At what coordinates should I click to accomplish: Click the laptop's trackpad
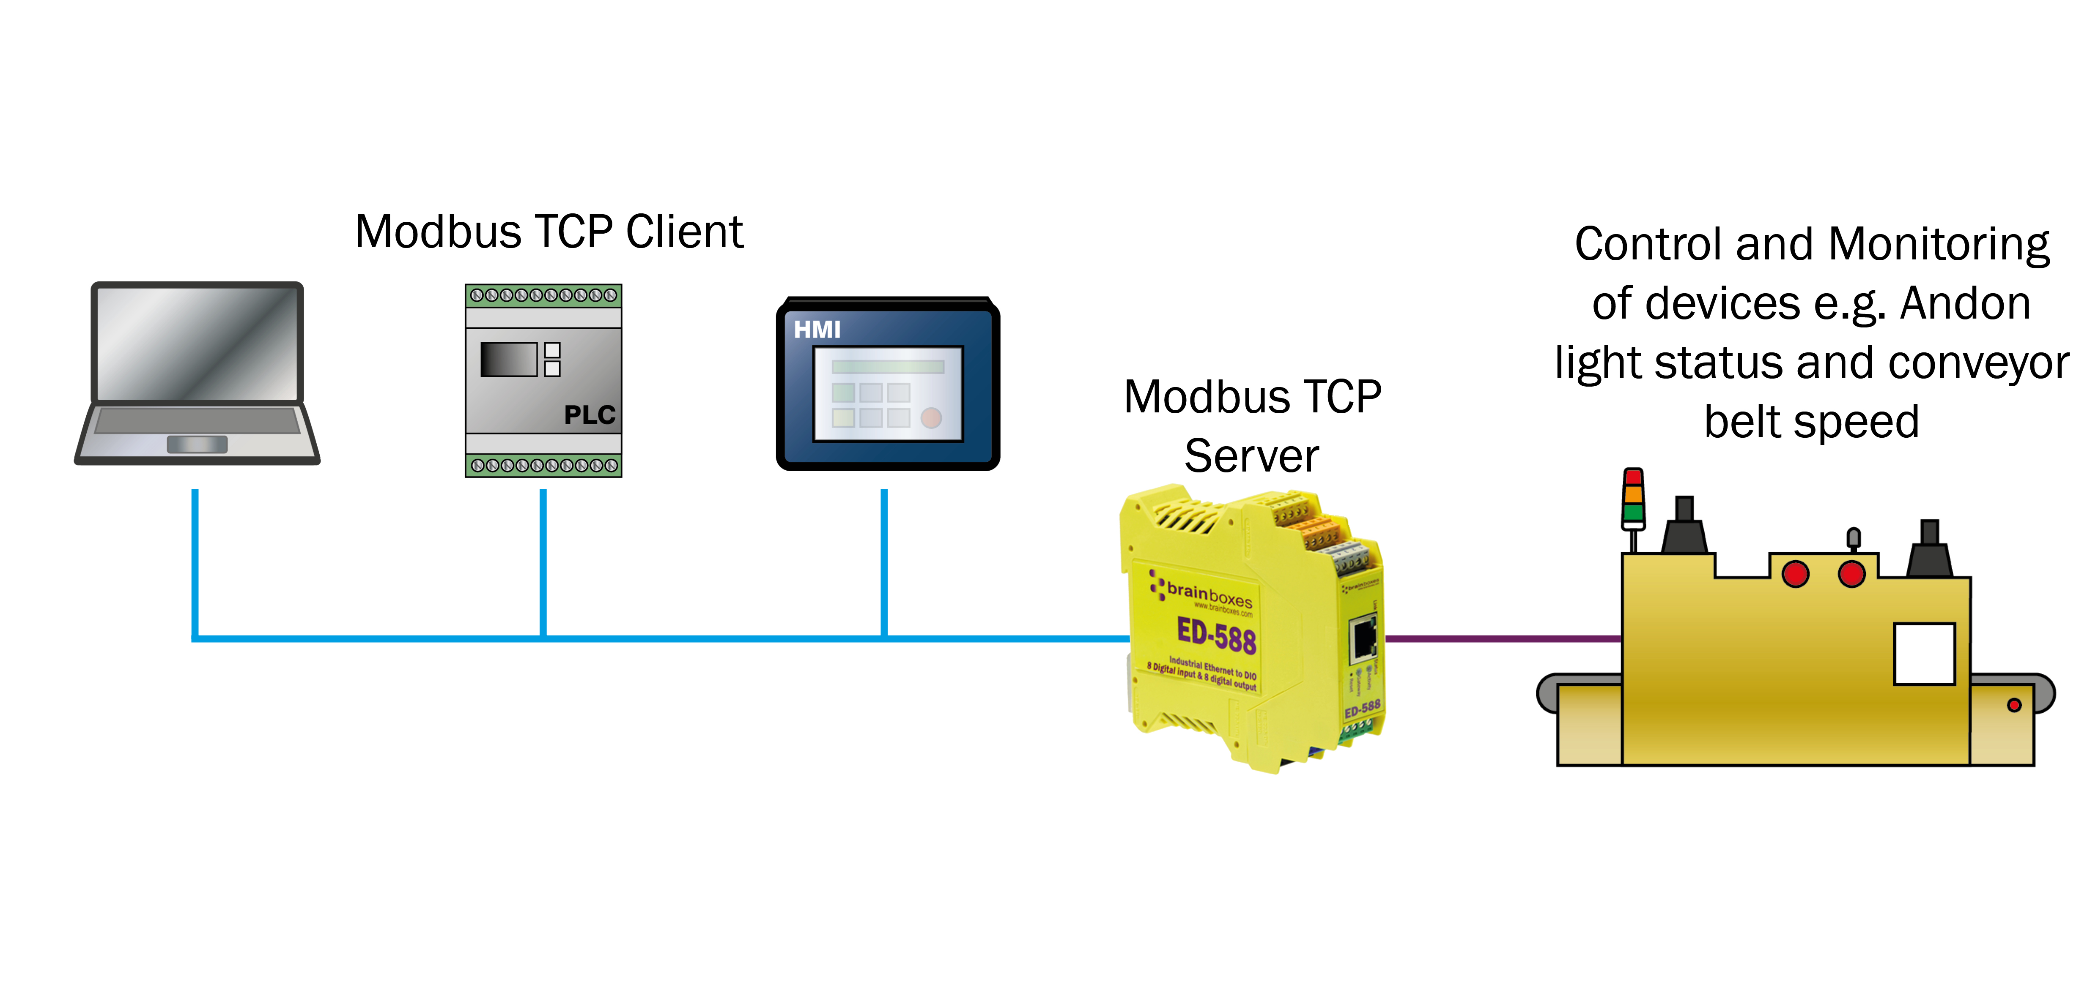(197, 444)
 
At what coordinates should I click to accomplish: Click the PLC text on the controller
(590, 415)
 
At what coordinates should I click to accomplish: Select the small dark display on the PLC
(508, 359)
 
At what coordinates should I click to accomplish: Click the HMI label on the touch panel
(817, 330)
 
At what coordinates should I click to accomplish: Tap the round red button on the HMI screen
(931, 417)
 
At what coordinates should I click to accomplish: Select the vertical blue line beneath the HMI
(884, 562)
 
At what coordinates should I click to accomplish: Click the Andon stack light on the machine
(1633, 496)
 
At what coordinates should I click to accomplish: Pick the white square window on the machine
(1924, 654)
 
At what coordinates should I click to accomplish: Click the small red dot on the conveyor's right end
(2014, 705)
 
